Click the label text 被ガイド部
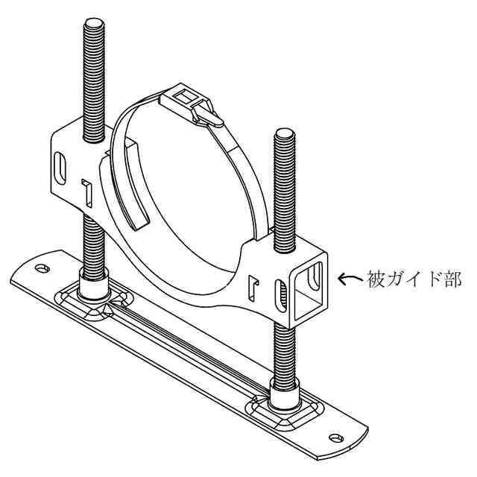414,279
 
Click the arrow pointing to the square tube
350,279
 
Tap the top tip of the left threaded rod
94,20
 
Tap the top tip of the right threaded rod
284,131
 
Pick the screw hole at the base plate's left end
42,268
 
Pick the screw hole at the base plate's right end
336,438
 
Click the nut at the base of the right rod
285,394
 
